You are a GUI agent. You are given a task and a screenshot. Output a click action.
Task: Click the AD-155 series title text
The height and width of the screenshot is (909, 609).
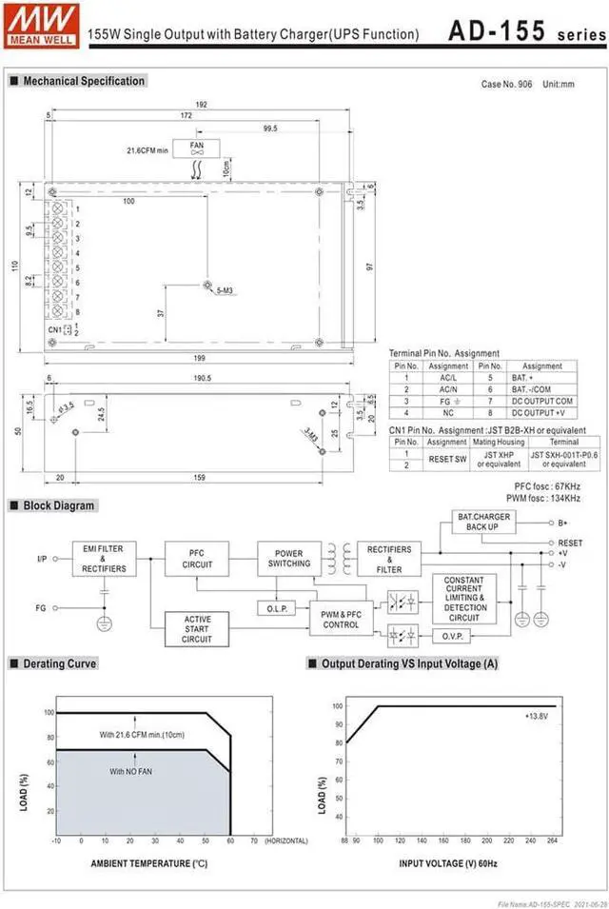click(523, 30)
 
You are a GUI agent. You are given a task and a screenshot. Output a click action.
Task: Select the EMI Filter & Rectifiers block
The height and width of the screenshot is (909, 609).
click(104, 559)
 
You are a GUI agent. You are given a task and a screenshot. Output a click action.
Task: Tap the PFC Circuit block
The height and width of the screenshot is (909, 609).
click(195, 559)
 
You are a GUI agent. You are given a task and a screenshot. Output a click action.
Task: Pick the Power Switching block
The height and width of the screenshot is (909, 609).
click(288, 559)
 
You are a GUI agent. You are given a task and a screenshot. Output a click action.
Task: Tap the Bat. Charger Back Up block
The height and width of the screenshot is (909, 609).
click(483, 522)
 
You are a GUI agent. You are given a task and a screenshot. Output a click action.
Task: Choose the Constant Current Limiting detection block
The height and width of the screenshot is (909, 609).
click(463, 598)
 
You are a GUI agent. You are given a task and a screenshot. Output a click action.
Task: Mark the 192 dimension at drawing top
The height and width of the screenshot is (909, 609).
click(201, 104)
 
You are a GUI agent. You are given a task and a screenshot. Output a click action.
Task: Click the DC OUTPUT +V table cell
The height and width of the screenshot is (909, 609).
click(541, 413)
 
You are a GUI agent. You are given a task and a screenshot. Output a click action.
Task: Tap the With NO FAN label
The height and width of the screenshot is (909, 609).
click(130, 771)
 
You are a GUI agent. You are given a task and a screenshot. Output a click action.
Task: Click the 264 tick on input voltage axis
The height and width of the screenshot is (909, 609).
click(553, 841)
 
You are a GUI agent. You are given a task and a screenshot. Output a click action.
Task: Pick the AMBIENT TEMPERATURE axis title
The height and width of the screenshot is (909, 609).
click(148, 864)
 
